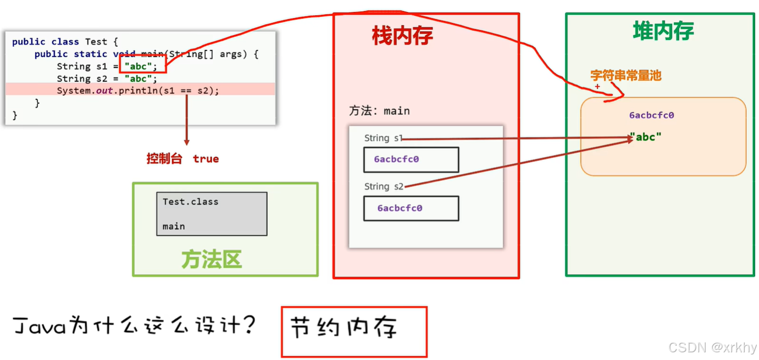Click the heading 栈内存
(x=402, y=36)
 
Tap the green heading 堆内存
(x=663, y=31)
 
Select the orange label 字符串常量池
(x=625, y=76)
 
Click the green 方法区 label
(x=212, y=259)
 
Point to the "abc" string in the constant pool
(x=646, y=137)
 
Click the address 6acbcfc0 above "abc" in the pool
(x=651, y=115)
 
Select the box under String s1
(x=411, y=159)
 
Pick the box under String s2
(x=411, y=208)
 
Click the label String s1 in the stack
(x=383, y=138)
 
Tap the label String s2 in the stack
(x=384, y=186)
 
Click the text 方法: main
(x=379, y=111)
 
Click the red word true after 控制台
(x=206, y=159)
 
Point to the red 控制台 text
(x=164, y=159)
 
